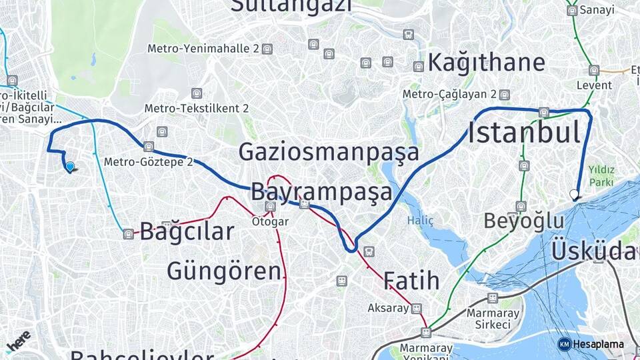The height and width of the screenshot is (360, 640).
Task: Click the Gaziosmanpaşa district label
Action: tap(329, 153)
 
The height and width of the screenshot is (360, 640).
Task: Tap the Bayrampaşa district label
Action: tap(322, 192)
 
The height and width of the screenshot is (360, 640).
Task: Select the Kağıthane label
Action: tap(486, 63)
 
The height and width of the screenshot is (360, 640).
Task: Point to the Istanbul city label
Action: tap(524, 133)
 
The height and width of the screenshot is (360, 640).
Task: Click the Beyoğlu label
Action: tap(519, 221)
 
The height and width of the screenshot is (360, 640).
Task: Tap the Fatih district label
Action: tap(411, 280)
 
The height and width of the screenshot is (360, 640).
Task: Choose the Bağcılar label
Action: tap(187, 232)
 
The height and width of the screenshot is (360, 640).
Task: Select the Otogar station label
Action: tap(270, 221)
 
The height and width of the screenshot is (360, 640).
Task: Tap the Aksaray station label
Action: tap(388, 308)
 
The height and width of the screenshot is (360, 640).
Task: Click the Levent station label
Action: tap(595, 85)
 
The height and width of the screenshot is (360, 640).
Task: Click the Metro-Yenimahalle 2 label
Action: tap(203, 49)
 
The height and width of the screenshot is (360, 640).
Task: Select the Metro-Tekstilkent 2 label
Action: tap(197, 108)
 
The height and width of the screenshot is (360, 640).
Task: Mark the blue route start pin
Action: tap(69, 167)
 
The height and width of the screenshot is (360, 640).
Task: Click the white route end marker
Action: tap(574, 195)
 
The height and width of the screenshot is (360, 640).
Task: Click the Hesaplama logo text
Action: tap(598, 344)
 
